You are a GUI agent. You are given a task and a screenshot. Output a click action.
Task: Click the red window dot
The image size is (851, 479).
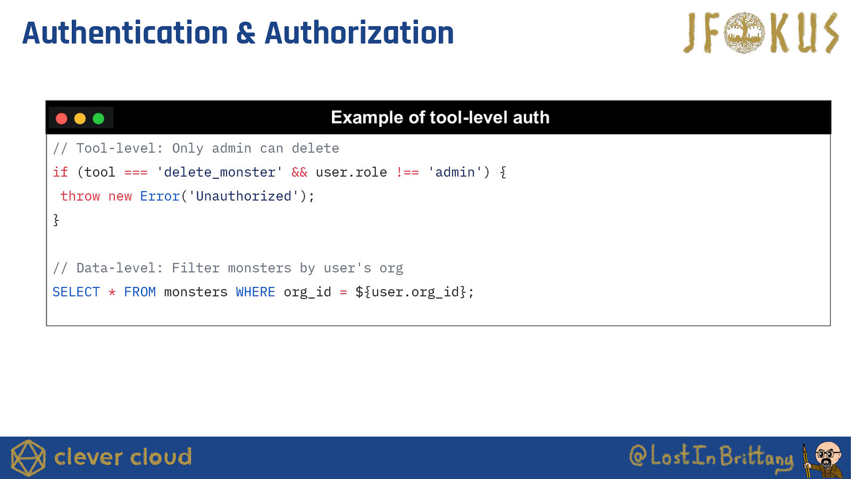62,119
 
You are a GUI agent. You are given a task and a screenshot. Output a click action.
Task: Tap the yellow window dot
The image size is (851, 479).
80,119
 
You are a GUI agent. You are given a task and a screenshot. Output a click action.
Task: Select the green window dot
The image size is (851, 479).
98,119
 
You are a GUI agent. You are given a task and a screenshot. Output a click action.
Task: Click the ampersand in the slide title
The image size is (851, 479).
245,33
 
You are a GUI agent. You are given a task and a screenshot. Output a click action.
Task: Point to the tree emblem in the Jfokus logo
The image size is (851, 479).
744,32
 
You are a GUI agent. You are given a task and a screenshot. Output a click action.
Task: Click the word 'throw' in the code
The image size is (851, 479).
80,196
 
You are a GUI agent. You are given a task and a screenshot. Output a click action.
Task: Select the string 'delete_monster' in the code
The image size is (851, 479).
220,172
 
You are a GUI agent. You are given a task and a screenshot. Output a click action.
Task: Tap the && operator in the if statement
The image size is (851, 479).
299,172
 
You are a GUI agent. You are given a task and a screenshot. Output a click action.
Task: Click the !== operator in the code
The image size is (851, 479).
407,172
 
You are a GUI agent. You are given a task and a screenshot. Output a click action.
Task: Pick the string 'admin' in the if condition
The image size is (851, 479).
455,172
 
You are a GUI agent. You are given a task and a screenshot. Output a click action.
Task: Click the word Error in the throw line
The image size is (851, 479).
160,196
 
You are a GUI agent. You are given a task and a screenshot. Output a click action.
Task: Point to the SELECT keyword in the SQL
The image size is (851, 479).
76,292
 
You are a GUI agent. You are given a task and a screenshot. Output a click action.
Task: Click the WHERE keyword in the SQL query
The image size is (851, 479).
255,292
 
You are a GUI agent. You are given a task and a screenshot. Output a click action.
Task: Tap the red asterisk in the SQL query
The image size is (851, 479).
112,292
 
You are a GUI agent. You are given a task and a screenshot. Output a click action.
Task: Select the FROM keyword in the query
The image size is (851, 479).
140,292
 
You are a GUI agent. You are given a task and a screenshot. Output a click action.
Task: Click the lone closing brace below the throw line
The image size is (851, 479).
56,220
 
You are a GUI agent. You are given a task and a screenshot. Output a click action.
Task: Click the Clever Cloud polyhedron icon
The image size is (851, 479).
28,458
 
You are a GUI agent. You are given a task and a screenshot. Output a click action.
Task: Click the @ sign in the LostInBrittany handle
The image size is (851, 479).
638,456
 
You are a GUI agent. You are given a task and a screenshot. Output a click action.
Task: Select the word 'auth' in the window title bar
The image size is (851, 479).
531,118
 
